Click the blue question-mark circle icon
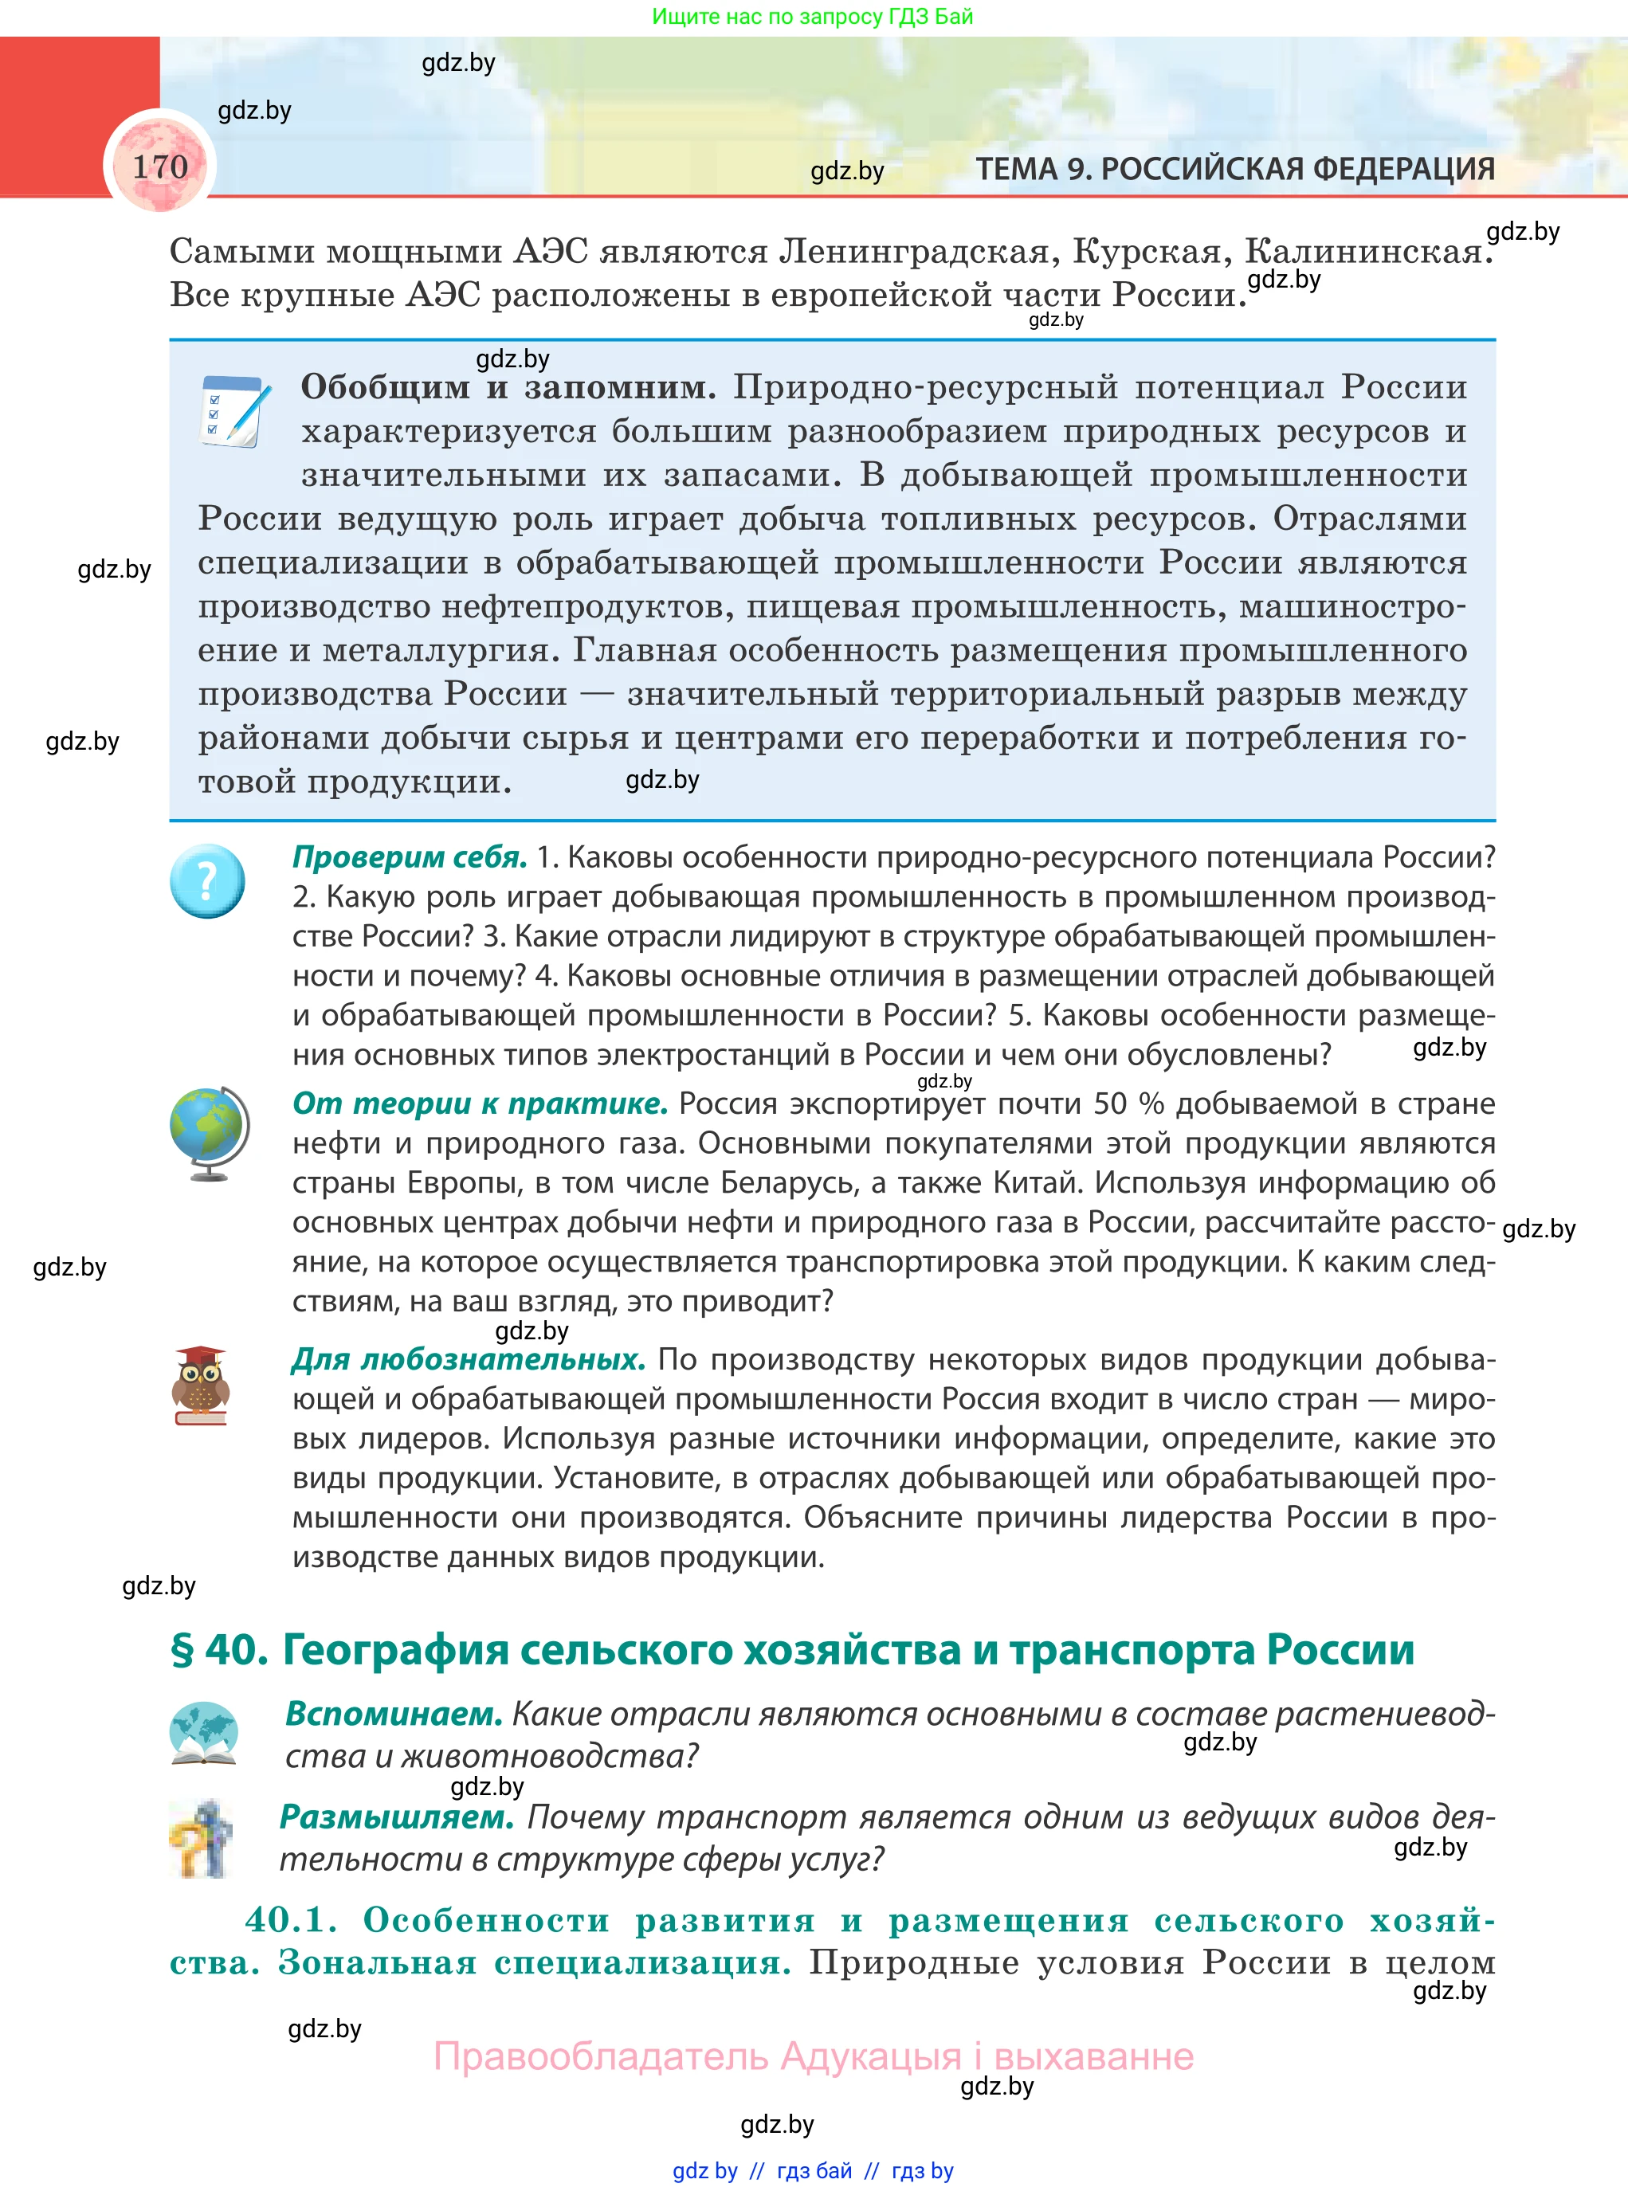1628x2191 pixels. point(207,880)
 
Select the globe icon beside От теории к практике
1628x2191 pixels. point(209,1133)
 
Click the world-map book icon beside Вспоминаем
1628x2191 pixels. point(203,1733)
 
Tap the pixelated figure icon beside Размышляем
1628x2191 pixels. point(202,1838)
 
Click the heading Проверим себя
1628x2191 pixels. point(409,857)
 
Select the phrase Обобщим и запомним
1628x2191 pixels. point(508,387)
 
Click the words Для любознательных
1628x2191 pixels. point(468,1359)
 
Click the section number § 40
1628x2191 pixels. point(219,1650)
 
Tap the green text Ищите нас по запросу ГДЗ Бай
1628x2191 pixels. point(812,16)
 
